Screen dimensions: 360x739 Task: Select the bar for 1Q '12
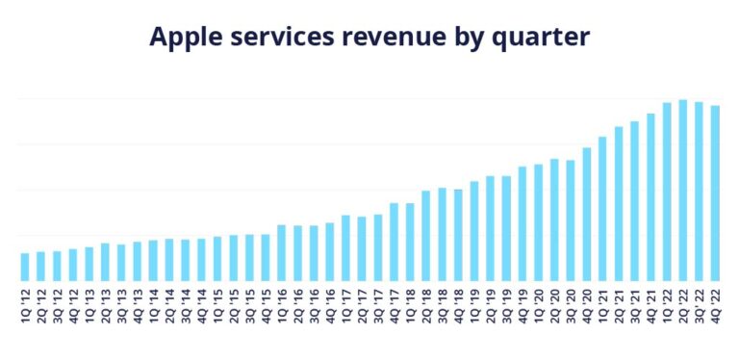coord(25,267)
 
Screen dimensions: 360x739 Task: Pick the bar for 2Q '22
coord(682,190)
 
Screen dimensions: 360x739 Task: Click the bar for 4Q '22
coord(715,193)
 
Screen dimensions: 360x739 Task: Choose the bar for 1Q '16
coord(282,253)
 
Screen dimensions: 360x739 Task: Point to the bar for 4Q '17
coord(394,242)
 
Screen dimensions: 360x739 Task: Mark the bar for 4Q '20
coord(586,214)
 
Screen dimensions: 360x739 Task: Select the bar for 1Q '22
coord(667,192)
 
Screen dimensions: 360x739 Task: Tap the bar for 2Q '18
coord(426,236)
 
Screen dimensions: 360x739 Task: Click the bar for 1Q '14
coord(153,260)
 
